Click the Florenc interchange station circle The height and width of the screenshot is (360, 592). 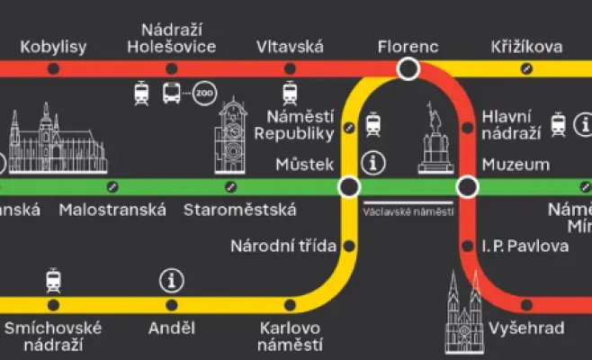pos(409,68)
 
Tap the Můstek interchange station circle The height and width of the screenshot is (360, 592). pos(349,186)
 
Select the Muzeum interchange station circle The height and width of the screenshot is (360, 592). pos(468,186)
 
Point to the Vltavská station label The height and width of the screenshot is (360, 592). pos(290,47)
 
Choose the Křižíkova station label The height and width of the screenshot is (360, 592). pos(527,47)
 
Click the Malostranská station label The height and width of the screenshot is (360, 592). pos(112,211)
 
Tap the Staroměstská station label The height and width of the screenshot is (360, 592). pos(239,211)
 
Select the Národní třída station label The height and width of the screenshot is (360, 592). pos(283,245)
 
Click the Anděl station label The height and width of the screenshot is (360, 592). pos(170,328)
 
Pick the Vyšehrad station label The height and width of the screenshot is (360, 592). pos(526,328)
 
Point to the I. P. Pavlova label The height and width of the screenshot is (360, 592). pos(525,245)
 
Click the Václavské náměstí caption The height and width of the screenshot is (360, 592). pos(408,212)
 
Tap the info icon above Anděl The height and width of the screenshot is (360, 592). pos(171,281)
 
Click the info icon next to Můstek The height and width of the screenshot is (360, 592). pos(373,163)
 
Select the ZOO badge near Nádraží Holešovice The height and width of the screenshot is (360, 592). pos(203,93)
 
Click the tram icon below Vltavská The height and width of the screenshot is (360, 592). pos(290,93)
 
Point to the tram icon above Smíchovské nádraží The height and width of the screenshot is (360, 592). pos(53,281)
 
